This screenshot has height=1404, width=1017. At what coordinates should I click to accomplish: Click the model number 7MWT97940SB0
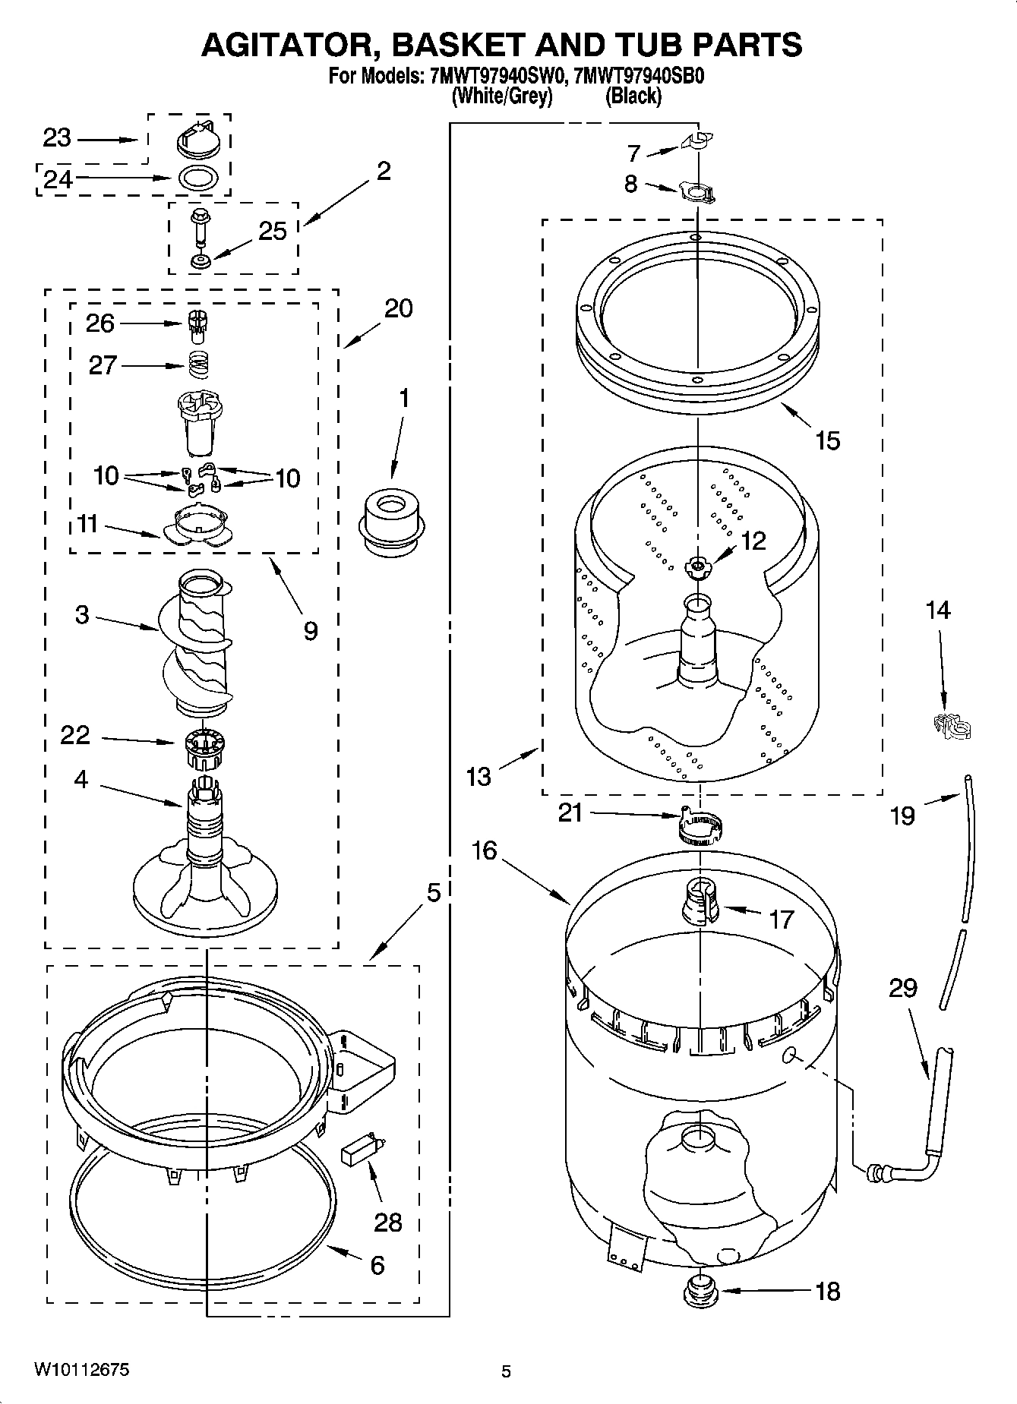pyautogui.click(x=641, y=77)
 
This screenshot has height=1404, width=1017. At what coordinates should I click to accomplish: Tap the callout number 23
pyautogui.click(x=56, y=138)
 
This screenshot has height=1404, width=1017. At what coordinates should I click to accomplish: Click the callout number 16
pyautogui.click(x=483, y=850)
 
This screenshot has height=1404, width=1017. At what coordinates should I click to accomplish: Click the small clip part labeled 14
pyautogui.click(x=951, y=726)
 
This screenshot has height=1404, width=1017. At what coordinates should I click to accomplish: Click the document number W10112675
pyautogui.click(x=81, y=1369)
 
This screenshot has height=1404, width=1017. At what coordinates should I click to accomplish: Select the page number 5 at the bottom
pyautogui.click(x=506, y=1371)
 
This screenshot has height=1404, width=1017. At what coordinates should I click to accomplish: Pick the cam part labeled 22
pyautogui.click(x=201, y=745)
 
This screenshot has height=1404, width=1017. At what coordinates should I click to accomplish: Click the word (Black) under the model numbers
pyautogui.click(x=633, y=96)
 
